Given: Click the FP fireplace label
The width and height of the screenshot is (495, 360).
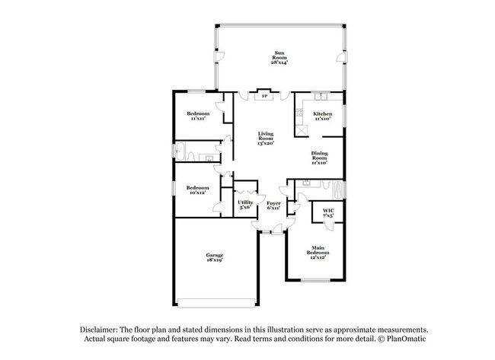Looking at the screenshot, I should tap(264, 97).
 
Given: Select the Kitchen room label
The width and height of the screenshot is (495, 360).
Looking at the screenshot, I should tap(323, 116).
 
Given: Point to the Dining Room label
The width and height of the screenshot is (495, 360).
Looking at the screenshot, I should tap(319, 158).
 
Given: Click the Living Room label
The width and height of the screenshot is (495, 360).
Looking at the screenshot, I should tap(265, 138).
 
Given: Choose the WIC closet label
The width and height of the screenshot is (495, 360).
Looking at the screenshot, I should tap(328, 212).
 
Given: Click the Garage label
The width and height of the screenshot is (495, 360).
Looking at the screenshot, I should tap(213, 257).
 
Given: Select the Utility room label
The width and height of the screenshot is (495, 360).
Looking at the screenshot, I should tap(245, 204).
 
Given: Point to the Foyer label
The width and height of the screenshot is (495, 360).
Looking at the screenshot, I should tap(273, 205).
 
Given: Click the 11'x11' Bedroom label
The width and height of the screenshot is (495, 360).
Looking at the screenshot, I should tap(199, 116).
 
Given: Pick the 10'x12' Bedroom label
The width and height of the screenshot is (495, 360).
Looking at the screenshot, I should tap(198, 190).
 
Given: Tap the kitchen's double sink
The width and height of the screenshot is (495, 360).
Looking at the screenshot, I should tap(321, 97).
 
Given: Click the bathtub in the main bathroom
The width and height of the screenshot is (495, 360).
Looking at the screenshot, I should tap(334, 185).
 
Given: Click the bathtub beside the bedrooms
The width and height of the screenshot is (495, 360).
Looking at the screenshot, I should tap(186, 150).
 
